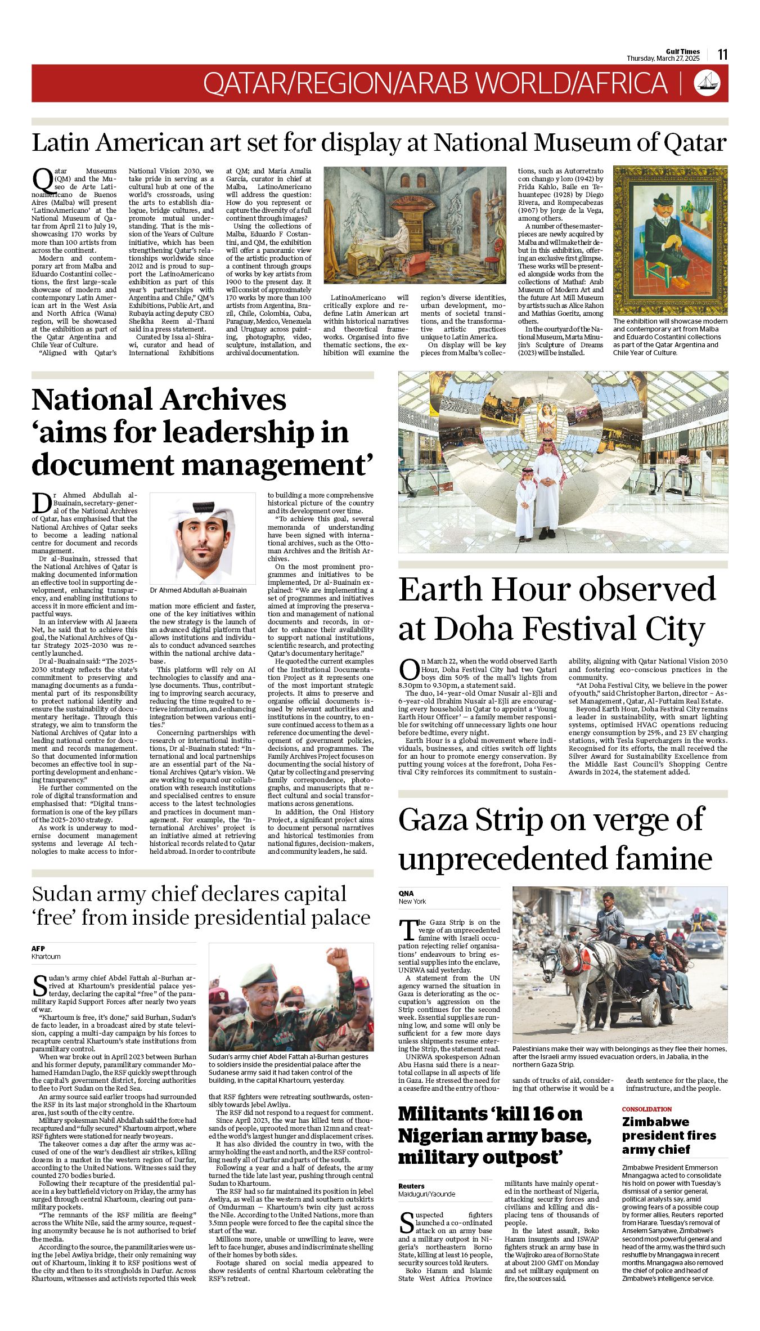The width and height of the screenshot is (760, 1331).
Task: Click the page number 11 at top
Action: (722, 54)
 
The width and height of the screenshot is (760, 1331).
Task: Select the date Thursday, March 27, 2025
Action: (663, 59)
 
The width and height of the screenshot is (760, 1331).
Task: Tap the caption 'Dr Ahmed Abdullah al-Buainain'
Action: (198, 590)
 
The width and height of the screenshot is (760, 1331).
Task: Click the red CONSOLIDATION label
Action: (646, 1109)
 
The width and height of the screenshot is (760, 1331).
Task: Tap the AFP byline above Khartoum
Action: (38, 948)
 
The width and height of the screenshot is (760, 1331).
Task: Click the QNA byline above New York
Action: (406, 893)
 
